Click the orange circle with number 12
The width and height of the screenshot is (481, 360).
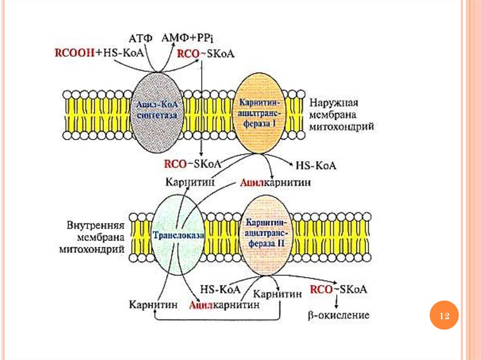444,316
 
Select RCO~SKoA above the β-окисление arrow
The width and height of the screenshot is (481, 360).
338,289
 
